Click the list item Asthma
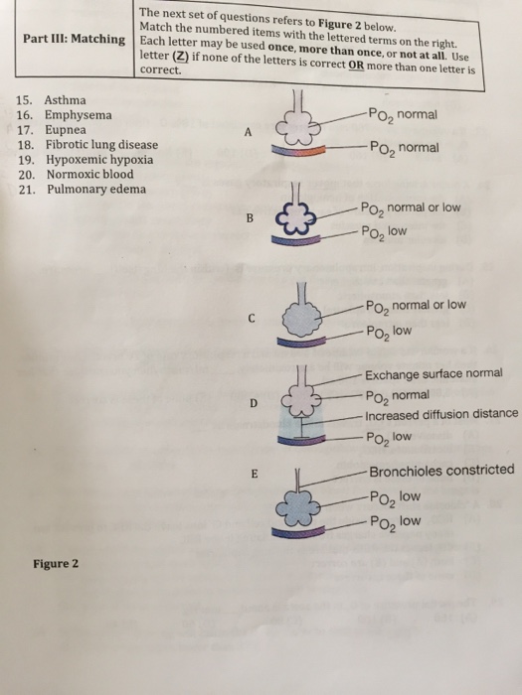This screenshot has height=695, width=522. (x=66, y=100)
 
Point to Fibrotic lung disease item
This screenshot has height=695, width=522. (x=101, y=144)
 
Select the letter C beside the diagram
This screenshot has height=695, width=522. (x=254, y=319)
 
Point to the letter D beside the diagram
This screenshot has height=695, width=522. (x=254, y=402)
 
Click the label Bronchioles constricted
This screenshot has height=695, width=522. (x=440, y=470)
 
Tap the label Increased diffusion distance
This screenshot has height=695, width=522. (x=440, y=414)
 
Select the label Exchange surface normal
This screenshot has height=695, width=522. (x=434, y=374)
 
